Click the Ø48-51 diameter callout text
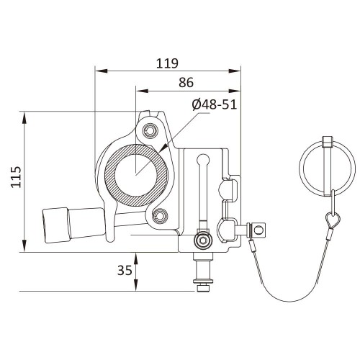pyautogui.click(x=215, y=104)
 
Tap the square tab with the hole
pyautogui.click(x=258, y=230)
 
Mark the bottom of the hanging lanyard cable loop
pyautogui.click(x=288, y=301)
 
